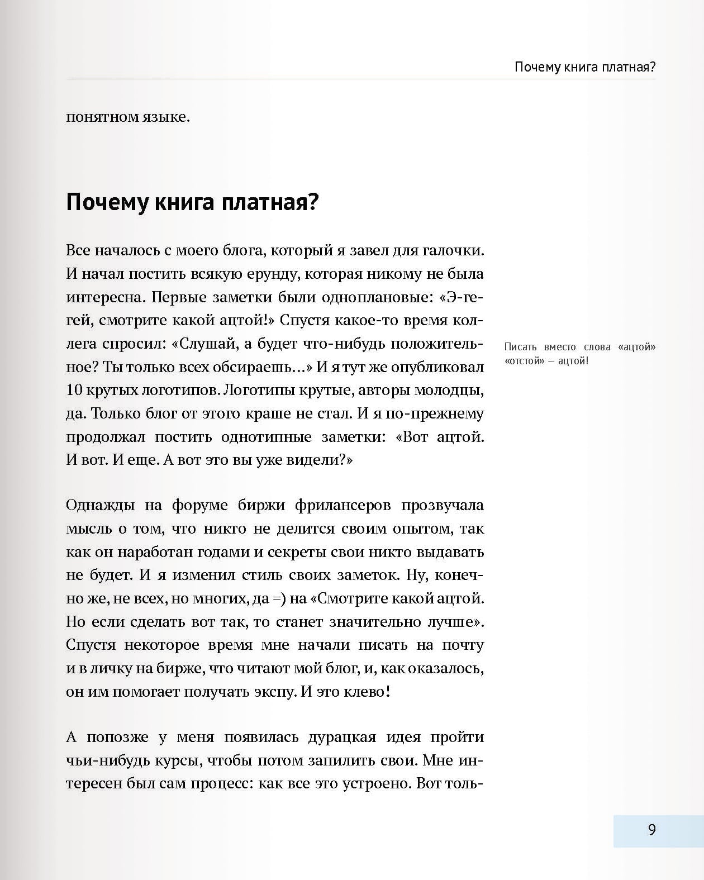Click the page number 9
coord(651,830)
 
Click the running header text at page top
coord(584,68)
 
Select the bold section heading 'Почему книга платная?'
coord(192,202)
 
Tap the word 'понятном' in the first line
coord(102,118)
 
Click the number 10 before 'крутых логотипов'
coord(74,390)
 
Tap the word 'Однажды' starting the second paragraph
coord(100,505)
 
